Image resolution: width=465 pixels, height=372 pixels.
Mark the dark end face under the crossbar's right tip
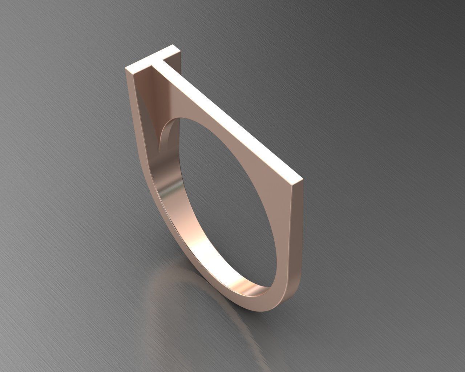tap(181, 58)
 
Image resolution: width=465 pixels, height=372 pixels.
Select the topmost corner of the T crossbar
tap(171, 45)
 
